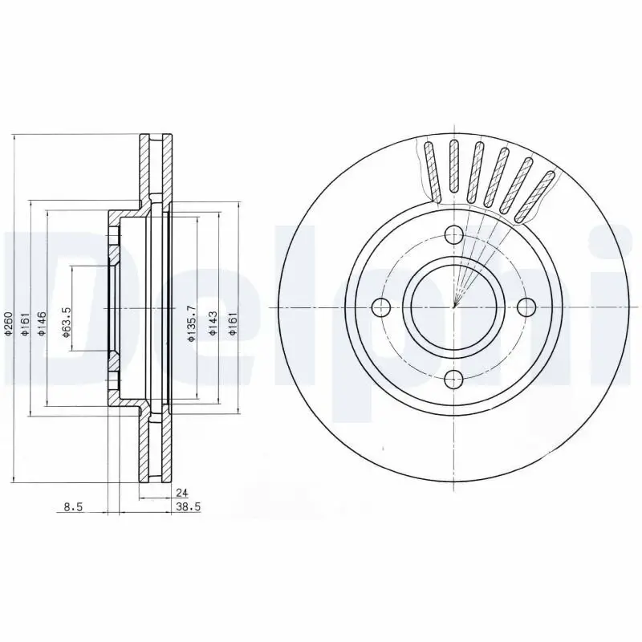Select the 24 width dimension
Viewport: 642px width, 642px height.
tap(181, 494)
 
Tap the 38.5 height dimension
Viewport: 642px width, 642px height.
tap(187, 507)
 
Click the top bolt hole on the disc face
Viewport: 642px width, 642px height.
tap(453, 235)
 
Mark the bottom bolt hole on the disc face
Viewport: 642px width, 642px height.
tap(453, 379)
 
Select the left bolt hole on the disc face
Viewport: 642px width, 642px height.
tap(382, 307)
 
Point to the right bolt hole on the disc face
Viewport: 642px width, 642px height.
tap(526, 307)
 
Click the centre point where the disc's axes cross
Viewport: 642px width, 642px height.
tap(453, 307)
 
